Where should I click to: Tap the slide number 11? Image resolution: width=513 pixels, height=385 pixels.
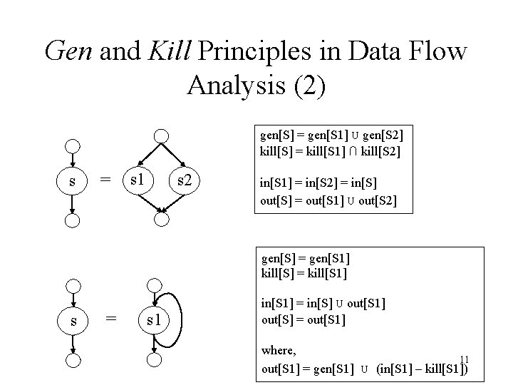click(463, 359)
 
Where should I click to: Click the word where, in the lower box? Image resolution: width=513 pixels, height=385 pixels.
click(279, 351)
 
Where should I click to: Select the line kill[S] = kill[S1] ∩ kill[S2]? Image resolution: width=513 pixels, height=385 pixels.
click(329, 151)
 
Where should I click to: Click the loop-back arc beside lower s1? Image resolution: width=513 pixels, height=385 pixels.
click(182, 319)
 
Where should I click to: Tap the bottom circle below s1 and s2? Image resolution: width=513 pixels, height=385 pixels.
click(162, 220)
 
